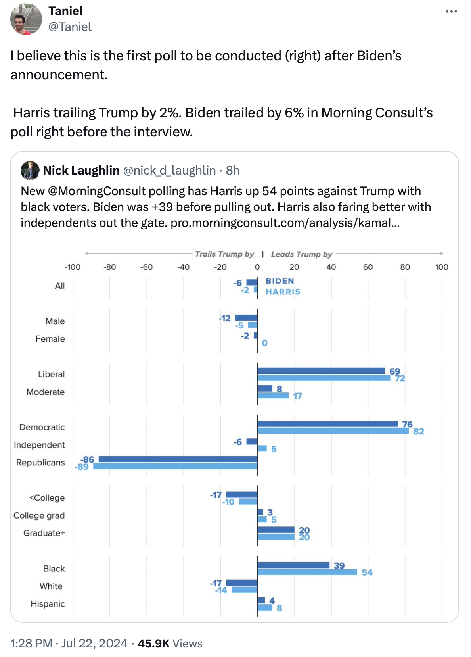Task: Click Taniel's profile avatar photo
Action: point(26,19)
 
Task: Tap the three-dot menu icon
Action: point(451,12)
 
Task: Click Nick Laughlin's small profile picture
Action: point(30,171)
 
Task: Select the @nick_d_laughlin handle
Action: point(169,171)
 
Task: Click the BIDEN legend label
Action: point(280,281)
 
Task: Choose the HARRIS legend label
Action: point(283,292)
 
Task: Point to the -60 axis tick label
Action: point(146,267)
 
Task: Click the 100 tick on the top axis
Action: point(441,267)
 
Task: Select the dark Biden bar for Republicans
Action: point(178,459)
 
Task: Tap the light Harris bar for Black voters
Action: point(307,572)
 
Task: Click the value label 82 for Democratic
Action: point(419,431)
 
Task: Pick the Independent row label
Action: point(39,445)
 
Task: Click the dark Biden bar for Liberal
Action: point(321,371)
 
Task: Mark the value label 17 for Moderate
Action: point(297,396)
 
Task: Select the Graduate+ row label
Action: point(44,533)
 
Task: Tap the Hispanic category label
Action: point(48,604)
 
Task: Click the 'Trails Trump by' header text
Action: point(224,254)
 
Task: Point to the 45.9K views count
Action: point(153,643)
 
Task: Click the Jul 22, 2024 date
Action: point(94,643)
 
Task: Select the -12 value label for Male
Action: point(225,318)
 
